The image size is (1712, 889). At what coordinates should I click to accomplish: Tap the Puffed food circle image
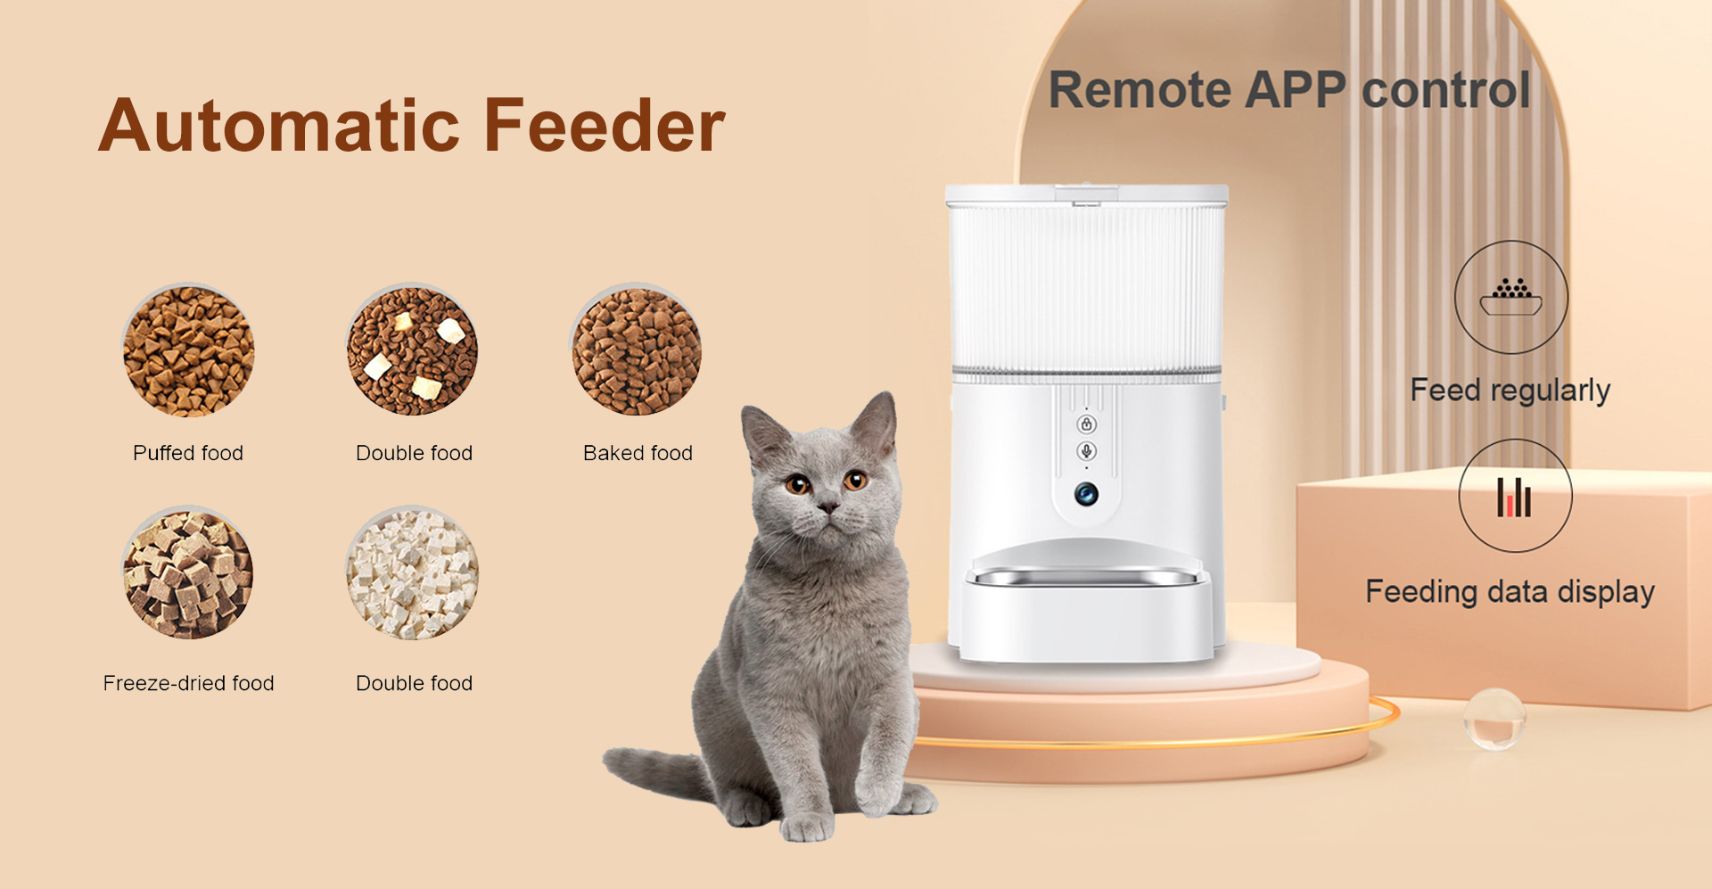pos(188,350)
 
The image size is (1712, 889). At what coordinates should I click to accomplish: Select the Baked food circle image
pos(636,350)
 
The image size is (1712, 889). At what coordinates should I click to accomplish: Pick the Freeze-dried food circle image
pos(188,573)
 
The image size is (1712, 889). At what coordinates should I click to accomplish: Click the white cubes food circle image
pos(412,573)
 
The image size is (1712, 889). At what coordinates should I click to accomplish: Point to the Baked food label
pos(638,453)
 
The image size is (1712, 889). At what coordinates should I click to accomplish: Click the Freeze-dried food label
pos(188,683)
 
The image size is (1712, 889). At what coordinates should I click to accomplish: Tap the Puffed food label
pos(188,453)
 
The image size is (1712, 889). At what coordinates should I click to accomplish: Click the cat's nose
pos(828,507)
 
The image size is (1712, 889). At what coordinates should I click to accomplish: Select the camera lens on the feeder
pos(1086,494)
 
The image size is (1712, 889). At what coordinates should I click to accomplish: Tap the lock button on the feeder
pos(1086,424)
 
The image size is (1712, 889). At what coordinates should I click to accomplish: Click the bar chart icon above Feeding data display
pos(1514,497)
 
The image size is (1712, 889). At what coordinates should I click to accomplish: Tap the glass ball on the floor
pos(1494,718)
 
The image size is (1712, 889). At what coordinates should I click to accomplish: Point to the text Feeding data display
pos(1510,592)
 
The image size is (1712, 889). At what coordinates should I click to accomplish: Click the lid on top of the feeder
pos(1087,194)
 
